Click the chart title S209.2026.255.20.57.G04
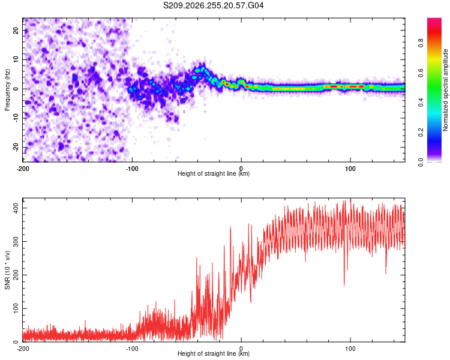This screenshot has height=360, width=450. coord(213,5)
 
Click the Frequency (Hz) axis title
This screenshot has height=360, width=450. coord(7,90)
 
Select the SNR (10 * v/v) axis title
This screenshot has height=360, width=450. coord(7,270)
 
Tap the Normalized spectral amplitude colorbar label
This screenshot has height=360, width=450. coord(445,90)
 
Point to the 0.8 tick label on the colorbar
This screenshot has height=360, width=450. coord(421,43)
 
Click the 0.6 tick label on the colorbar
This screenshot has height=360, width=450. coord(421,73)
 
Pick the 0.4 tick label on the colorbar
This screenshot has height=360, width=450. coord(421,103)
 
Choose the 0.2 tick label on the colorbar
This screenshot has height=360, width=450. coord(421,133)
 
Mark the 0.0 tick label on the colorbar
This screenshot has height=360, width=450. coord(421,162)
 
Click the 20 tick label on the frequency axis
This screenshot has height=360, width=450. coord(16,31)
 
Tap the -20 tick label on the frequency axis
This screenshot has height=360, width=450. coord(16,148)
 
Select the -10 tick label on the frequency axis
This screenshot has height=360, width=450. coord(16,118)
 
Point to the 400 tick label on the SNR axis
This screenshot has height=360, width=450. coord(16,208)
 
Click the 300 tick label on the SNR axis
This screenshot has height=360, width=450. coord(16,241)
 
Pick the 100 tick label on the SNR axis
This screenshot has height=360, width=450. coord(16,308)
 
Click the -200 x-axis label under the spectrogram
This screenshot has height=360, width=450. coord(23,169)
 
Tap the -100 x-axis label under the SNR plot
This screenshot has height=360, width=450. coord(132,349)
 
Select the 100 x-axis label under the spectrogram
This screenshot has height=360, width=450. coord(350,169)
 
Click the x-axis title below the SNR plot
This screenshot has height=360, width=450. coord(214,353)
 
